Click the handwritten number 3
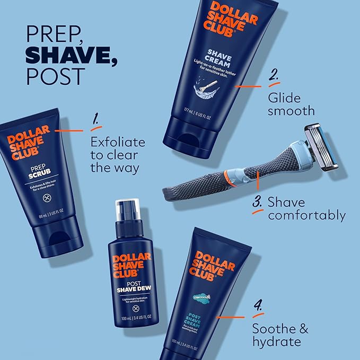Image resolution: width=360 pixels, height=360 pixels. (257, 203)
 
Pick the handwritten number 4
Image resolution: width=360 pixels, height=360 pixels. (259, 306)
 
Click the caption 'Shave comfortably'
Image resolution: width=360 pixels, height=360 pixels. (306, 208)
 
